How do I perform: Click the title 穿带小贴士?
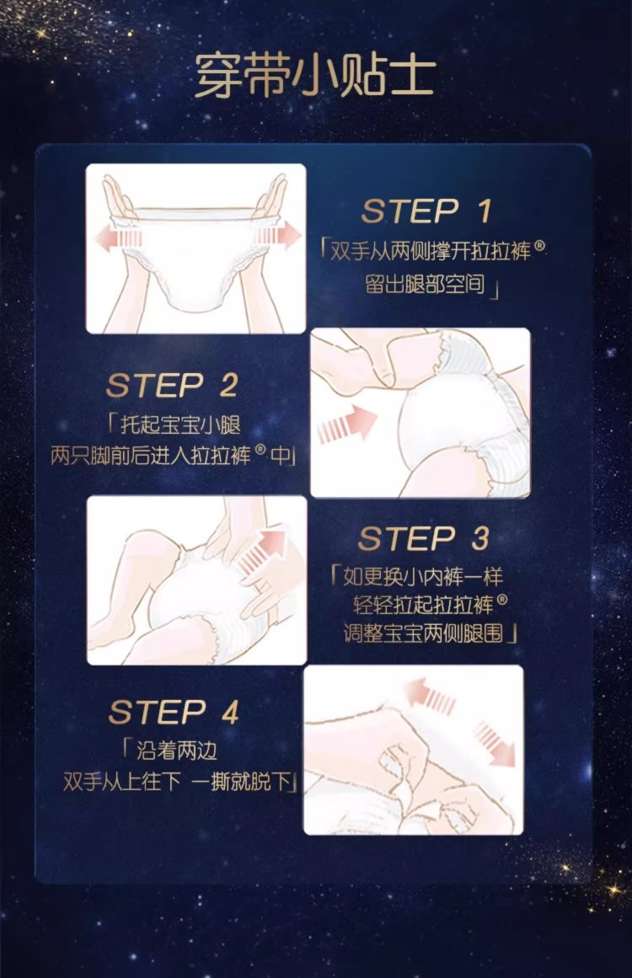[x=315, y=76]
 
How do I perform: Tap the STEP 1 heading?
[x=426, y=211]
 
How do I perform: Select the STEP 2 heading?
[x=172, y=385]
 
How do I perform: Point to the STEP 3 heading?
[x=424, y=538]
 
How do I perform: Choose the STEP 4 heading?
[x=174, y=712]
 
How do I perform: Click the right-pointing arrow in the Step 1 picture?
[x=278, y=237]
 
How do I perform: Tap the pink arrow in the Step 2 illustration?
[x=347, y=425]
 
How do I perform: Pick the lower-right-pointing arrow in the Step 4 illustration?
[x=495, y=743]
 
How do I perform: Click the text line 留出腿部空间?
[x=425, y=285]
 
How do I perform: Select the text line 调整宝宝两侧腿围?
[x=423, y=633]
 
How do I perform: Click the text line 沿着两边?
[x=177, y=751]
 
